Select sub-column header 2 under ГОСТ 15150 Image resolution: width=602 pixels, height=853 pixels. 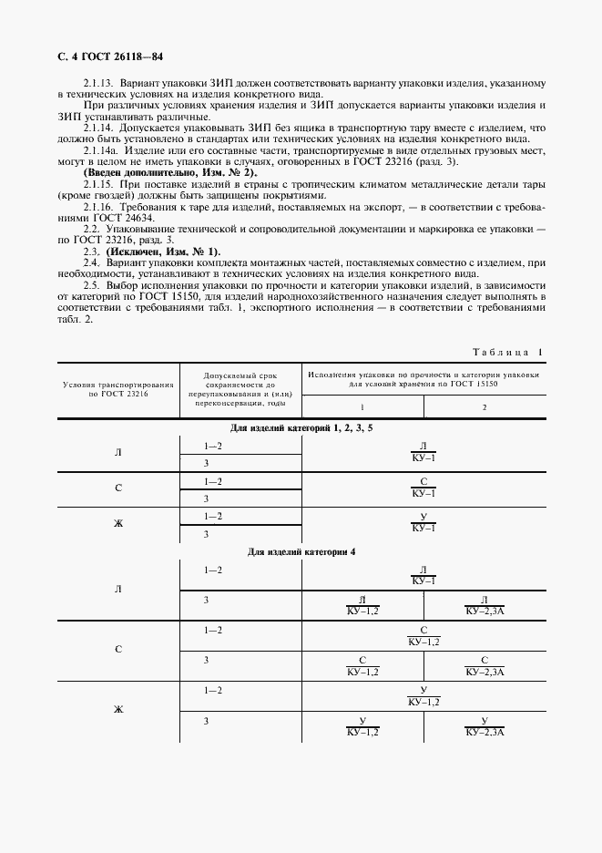point(485,406)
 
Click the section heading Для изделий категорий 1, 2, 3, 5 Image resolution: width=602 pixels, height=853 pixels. point(301,426)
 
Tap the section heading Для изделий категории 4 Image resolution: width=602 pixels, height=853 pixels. point(301,552)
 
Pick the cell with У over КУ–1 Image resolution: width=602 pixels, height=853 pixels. point(423,523)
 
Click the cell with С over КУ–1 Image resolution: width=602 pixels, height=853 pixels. point(423,488)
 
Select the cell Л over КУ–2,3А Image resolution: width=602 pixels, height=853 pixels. point(485,605)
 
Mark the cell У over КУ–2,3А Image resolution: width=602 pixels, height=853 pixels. point(485,726)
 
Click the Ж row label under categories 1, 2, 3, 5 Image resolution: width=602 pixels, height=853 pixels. point(117,523)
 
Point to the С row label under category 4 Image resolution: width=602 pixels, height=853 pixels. point(117,650)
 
